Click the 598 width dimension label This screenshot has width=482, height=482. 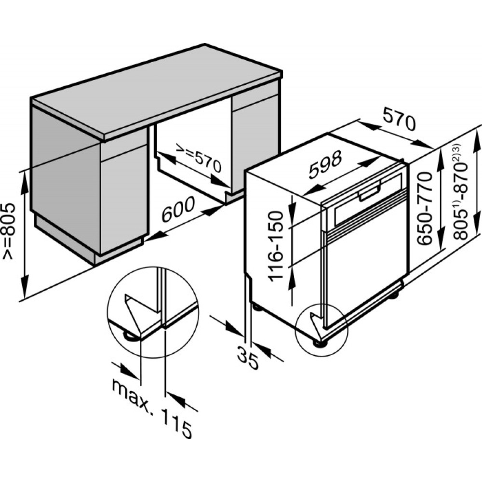point(325,165)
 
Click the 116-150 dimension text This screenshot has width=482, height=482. point(275,246)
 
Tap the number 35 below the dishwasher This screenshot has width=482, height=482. point(248,355)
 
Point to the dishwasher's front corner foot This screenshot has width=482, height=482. point(319,343)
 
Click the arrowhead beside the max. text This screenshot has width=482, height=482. point(128,372)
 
